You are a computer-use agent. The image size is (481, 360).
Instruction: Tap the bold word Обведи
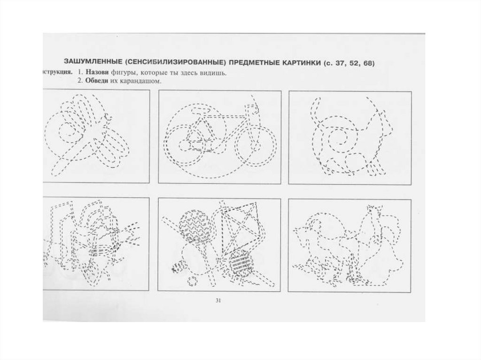98,81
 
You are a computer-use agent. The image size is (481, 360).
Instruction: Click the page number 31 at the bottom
218,301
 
